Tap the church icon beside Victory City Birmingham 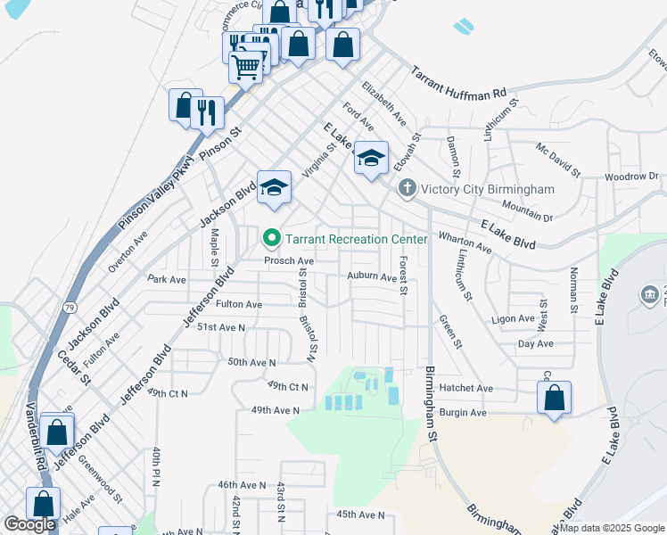click(408, 188)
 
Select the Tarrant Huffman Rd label click(458, 83)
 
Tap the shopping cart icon click(245, 65)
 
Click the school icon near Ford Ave click(371, 158)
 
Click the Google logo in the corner click(29, 524)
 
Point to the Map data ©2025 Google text click(612, 528)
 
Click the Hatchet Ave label click(466, 388)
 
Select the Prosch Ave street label click(288, 261)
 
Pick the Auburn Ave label click(372, 277)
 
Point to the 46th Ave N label click(242, 484)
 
